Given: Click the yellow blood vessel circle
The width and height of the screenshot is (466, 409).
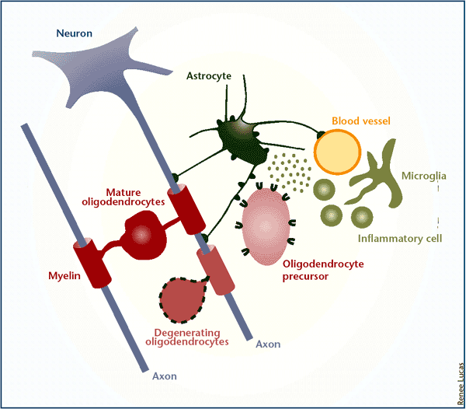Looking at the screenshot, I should point(338,152).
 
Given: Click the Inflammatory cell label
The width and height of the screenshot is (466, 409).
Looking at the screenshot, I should point(400,238).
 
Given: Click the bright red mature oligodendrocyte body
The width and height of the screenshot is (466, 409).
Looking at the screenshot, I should point(144,237).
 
